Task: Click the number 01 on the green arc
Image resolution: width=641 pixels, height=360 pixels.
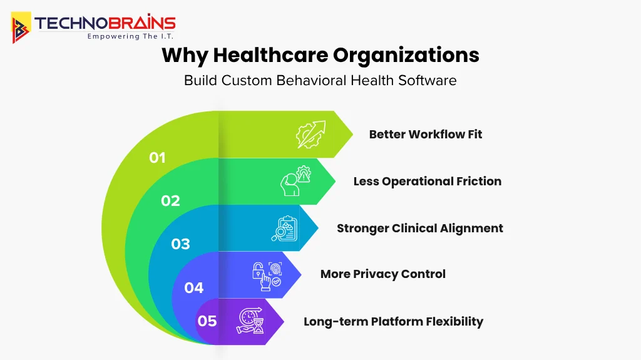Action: pos(157,158)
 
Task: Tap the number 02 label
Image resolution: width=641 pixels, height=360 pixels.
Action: pos(170,201)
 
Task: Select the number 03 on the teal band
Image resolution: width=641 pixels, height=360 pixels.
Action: pos(181,244)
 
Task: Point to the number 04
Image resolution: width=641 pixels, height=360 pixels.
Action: pos(194,288)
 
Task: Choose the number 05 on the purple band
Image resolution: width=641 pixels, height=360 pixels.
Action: pos(207,321)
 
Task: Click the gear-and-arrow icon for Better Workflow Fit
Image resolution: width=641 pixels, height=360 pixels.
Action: pos(311,134)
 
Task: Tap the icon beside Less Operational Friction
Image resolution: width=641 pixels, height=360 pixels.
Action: pos(295,181)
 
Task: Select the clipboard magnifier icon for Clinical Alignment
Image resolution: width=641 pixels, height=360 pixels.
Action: pos(284,228)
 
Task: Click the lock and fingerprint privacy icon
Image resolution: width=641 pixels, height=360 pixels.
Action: pos(267,275)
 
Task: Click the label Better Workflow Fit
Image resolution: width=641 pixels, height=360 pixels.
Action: pos(426,134)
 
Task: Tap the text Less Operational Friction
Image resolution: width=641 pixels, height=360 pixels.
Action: pos(428,181)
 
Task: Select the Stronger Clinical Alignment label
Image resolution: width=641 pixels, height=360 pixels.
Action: pos(420,228)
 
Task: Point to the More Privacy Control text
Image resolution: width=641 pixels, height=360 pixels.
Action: pos(383,274)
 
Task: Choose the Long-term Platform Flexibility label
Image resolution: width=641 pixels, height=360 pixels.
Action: pos(394,321)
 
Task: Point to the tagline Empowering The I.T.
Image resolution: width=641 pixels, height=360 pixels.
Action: pos(130,36)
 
